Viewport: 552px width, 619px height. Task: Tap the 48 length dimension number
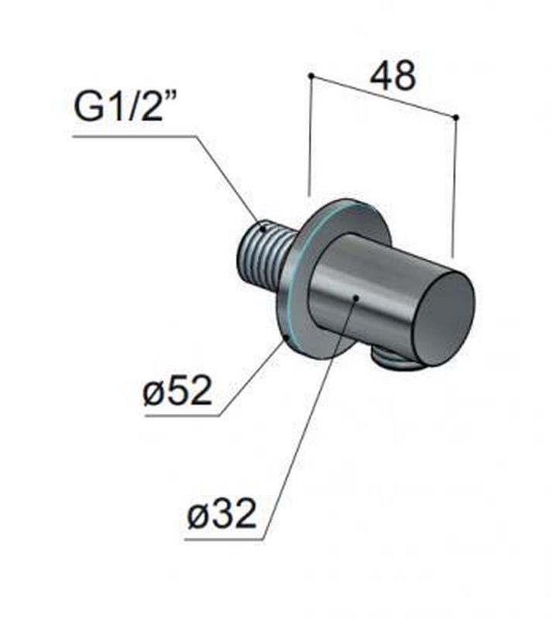click(x=393, y=75)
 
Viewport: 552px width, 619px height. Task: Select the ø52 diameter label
click(x=178, y=390)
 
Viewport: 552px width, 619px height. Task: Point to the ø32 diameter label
click(x=221, y=513)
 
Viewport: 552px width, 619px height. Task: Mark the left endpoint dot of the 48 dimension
click(x=311, y=75)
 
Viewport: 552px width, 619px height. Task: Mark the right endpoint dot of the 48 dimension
click(x=455, y=118)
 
